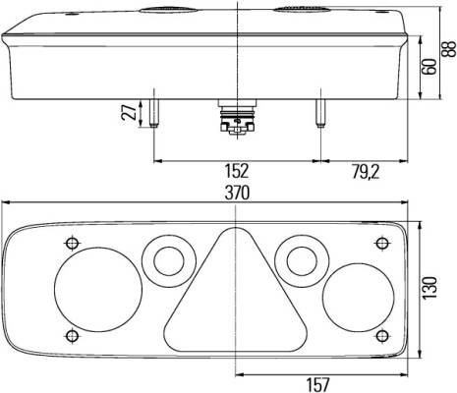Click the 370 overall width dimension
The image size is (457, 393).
pyautogui.click(x=237, y=193)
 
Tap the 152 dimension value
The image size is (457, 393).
pyautogui.click(x=237, y=171)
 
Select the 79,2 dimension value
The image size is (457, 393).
pyautogui.click(x=366, y=172)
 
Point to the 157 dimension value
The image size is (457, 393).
pyautogui.click(x=317, y=384)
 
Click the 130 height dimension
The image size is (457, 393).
pyautogui.click(x=429, y=288)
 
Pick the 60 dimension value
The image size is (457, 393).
pyautogui.click(x=429, y=67)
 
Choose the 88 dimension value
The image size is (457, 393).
pyautogui.click(x=448, y=49)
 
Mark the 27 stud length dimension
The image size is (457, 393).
pyautogui.click(x=129, y=112)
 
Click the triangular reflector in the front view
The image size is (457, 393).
pyautogui.click(x=235, y=290)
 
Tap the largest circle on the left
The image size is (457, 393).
pyautogui.click(x=98, y=290)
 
